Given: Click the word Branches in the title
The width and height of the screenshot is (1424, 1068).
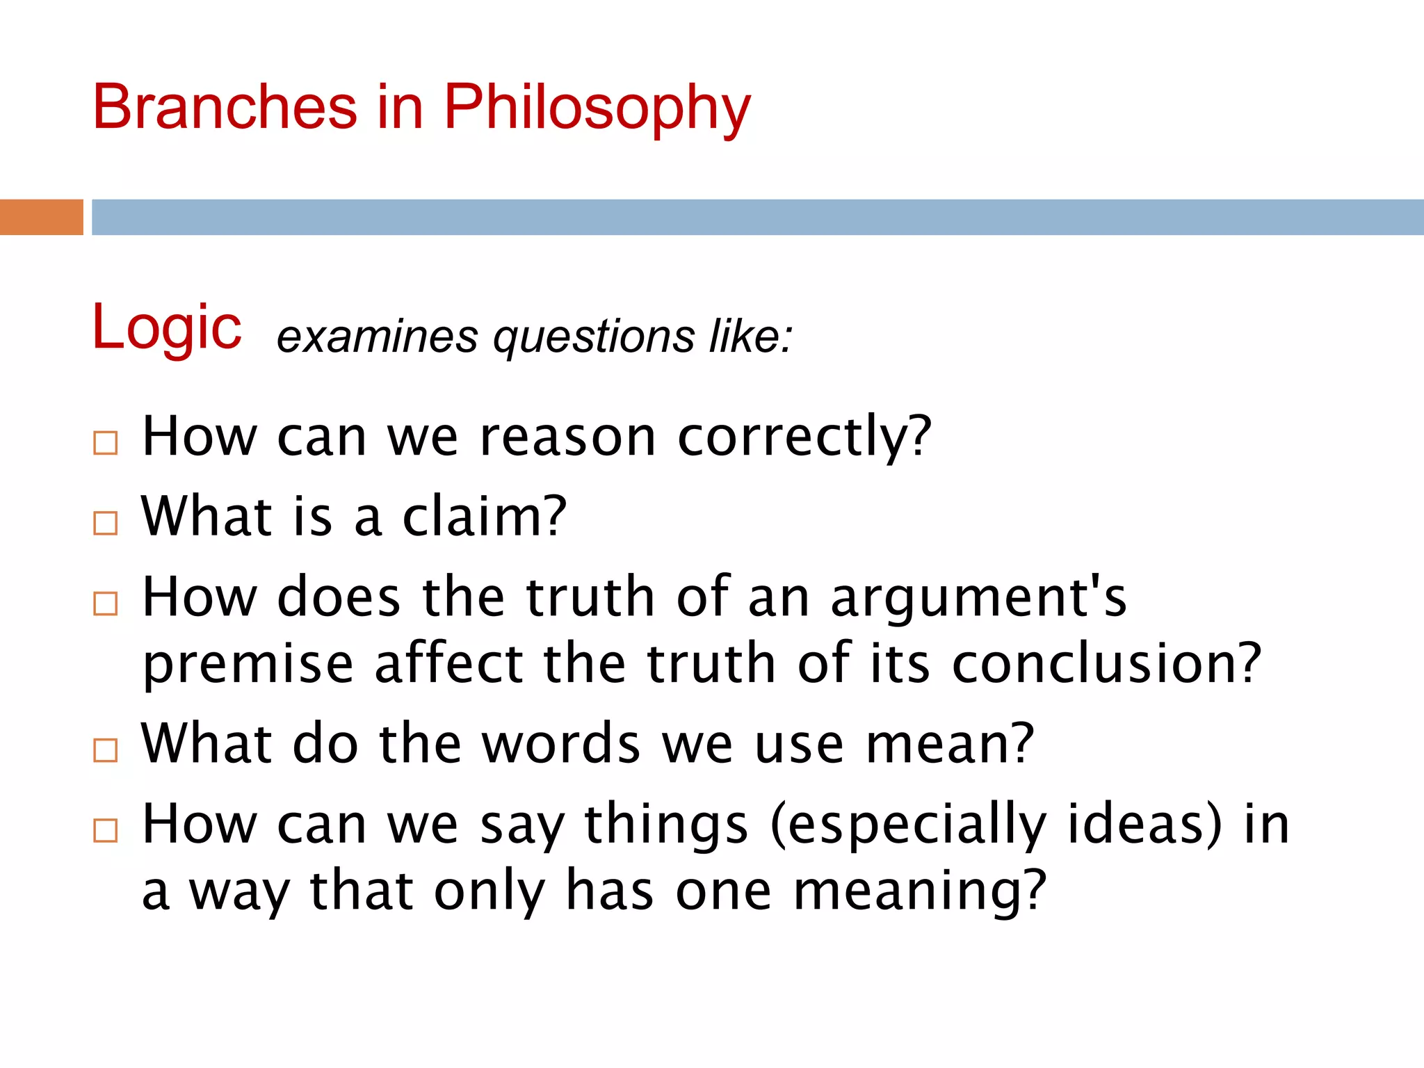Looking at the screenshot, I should pyautogui.click(x=225, y=107).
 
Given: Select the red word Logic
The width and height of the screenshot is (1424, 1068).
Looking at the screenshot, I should pyautogui.click(x=167, y=328).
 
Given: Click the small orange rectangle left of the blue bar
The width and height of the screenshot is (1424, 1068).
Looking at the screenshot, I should pyautogui.click(x=41, y=217).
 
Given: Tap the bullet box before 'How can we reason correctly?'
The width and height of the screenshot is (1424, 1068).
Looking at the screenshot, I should pyautogui.click(x=106, y=443).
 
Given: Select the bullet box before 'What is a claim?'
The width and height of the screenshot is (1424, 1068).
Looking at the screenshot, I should pyautogui.click(x=106, y=523).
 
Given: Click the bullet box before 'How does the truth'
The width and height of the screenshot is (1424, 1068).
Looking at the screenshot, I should pyautogui.click(x=106, y=604).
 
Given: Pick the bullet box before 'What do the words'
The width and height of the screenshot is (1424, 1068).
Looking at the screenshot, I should pyautogui.click(x=106, y=750).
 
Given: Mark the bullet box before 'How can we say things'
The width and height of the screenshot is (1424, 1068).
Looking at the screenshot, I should pyautogui.click(x=106, y=830).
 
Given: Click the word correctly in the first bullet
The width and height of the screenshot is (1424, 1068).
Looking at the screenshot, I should pyautogui.click(x=804, y=438).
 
